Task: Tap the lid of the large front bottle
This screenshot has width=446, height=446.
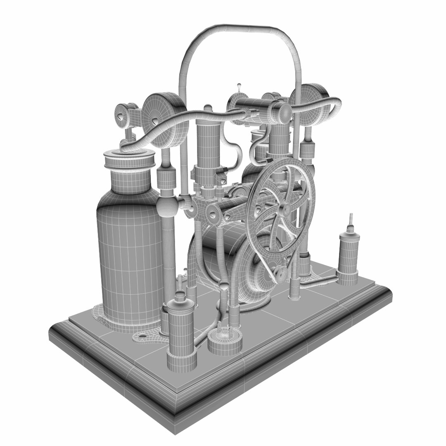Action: point(129,159)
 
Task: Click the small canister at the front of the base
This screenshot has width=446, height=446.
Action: point(180,330)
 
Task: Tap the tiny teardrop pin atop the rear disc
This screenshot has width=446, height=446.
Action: point(239,87)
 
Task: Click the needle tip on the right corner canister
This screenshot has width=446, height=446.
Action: point(351,217)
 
